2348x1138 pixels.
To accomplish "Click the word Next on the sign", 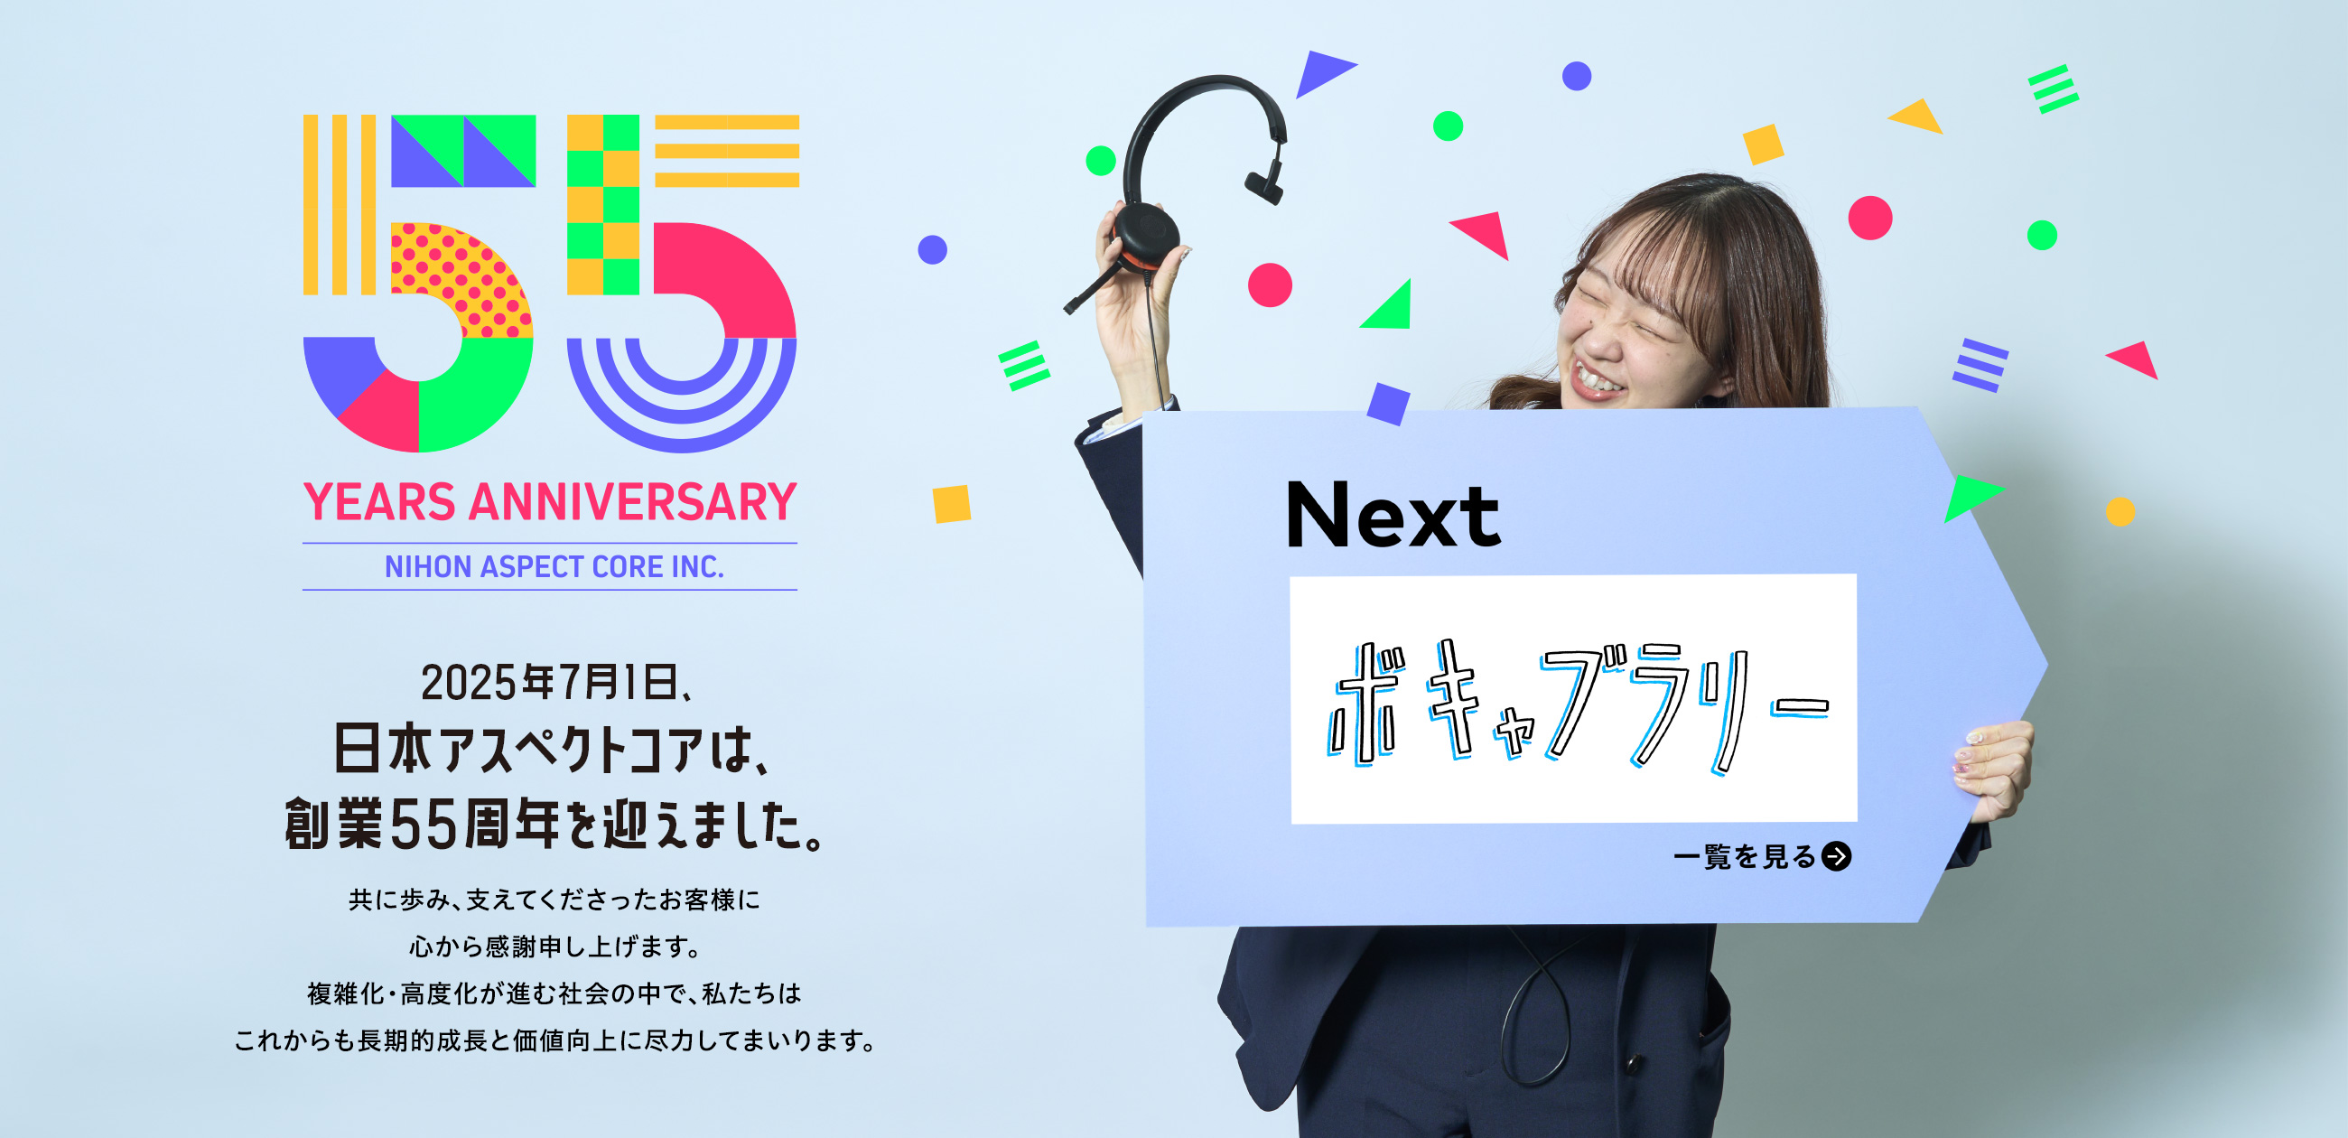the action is tap(1393, 515).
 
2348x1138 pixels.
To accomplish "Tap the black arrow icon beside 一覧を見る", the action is tap(1836, 856).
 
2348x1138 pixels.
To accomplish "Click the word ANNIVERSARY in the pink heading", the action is tap(631, 502).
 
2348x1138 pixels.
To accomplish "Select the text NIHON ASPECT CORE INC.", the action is tap(554, 566).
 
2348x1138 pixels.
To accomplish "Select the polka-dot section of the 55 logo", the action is tap(460, 278).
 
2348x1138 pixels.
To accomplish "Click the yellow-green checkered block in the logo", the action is tap(602, 204).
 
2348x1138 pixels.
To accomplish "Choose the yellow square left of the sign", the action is tap(952, 504).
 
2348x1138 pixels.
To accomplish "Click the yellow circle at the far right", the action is tap(2120, 511).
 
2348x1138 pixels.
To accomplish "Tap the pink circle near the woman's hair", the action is tap(1870, 218).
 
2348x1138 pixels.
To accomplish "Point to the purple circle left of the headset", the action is tap(933, 249).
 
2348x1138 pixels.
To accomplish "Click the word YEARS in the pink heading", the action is tap(379, 502).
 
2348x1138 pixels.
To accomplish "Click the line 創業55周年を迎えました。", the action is tap(555, 824).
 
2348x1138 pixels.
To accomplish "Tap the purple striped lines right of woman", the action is tap(1980, 365).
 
